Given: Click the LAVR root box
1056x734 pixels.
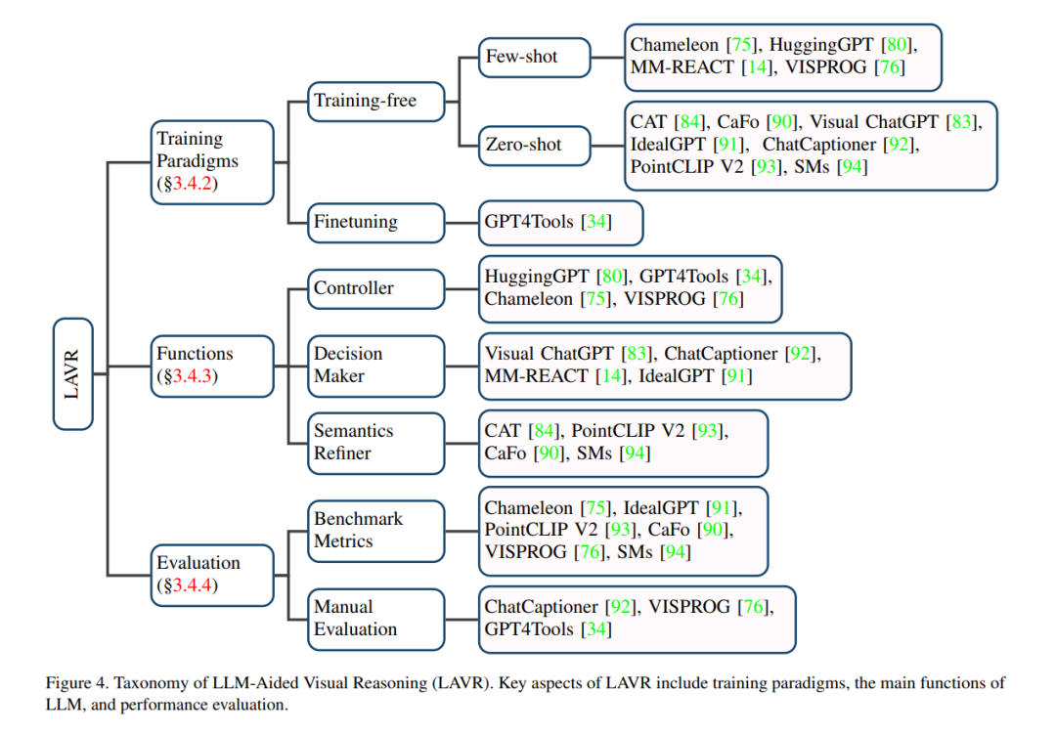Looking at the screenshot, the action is click(72, 373).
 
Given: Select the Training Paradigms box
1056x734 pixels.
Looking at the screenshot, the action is click(212, 161).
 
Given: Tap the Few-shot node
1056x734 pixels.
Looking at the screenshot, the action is click(535, 58).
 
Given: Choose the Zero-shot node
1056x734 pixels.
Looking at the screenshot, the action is click(535, 145).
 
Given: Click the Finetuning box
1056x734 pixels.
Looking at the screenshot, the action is click(376, 222).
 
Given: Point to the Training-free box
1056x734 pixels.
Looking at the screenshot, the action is click(376, 101).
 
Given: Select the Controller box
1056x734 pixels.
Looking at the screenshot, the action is click(376, 289).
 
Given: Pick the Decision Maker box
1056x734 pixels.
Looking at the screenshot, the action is click(376, 366).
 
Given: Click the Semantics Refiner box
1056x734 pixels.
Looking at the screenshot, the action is click(376, 443).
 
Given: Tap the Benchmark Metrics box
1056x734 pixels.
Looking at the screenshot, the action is click(376, 531).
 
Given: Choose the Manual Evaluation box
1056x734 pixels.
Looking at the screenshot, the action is click(376, 619).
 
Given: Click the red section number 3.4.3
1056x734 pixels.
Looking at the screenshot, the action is click(192, 375).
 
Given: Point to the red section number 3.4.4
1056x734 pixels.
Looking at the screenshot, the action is click(192, 585).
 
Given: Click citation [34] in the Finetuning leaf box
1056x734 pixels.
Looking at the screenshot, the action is click(596, 222).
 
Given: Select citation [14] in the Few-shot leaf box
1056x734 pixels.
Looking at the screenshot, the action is click(757, 67).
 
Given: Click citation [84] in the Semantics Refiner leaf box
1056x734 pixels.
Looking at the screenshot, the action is click(545, 431).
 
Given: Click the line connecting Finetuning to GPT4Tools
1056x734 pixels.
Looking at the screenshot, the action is click(462, 222).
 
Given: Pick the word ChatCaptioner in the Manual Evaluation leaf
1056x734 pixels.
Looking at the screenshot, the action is click(541, 607).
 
